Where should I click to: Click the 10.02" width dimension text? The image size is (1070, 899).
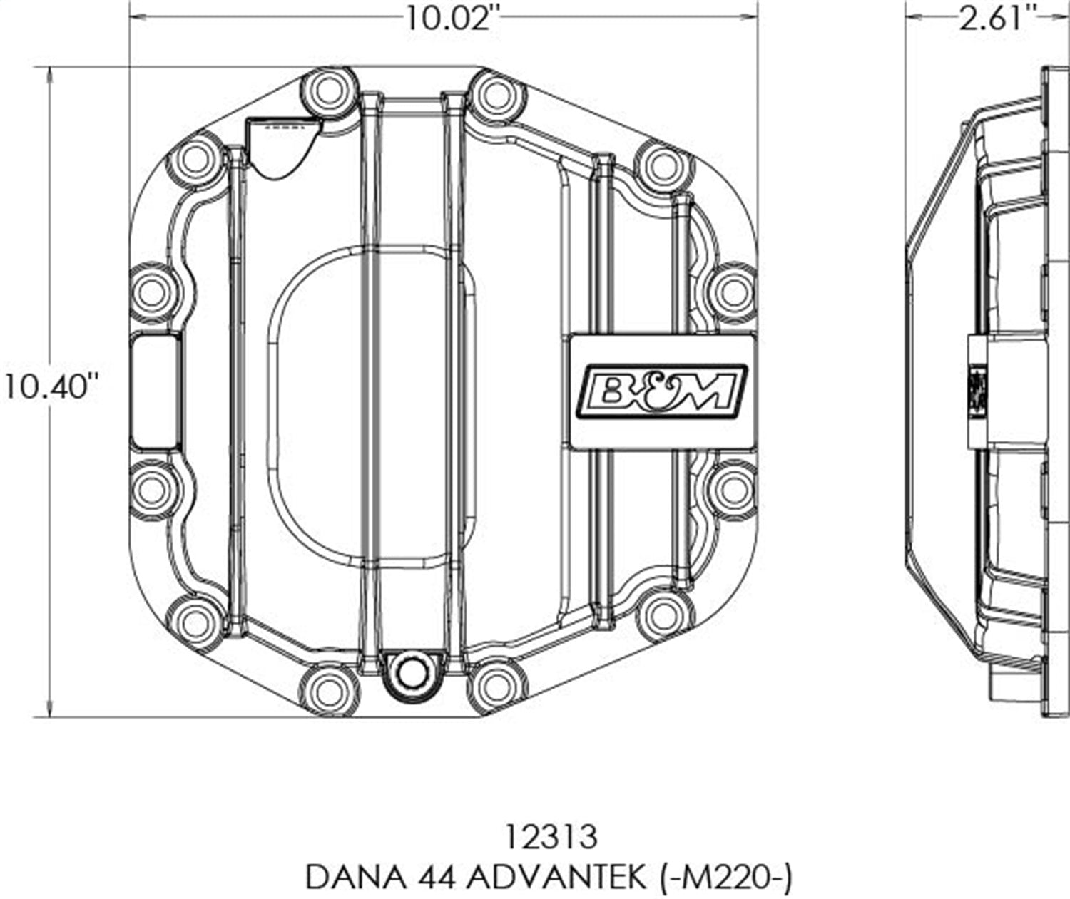point(449,18)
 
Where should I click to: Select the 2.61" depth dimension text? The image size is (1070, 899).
point(997,18)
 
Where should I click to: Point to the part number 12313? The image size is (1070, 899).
point(549,837)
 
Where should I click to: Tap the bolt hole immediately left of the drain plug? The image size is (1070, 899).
point(328,690)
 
